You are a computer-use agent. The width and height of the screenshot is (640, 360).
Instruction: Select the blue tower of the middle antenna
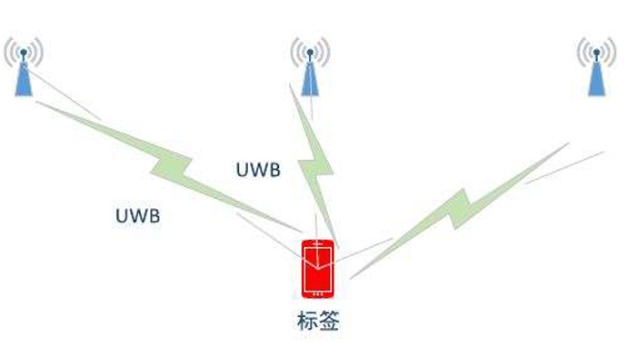[x=310, y=77]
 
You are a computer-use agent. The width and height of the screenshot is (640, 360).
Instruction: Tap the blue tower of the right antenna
[x=597, y=78]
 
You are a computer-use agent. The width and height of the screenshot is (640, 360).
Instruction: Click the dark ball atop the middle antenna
[x=310, y=50]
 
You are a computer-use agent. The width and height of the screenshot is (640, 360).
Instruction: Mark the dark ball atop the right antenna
[x=597, y=50]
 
